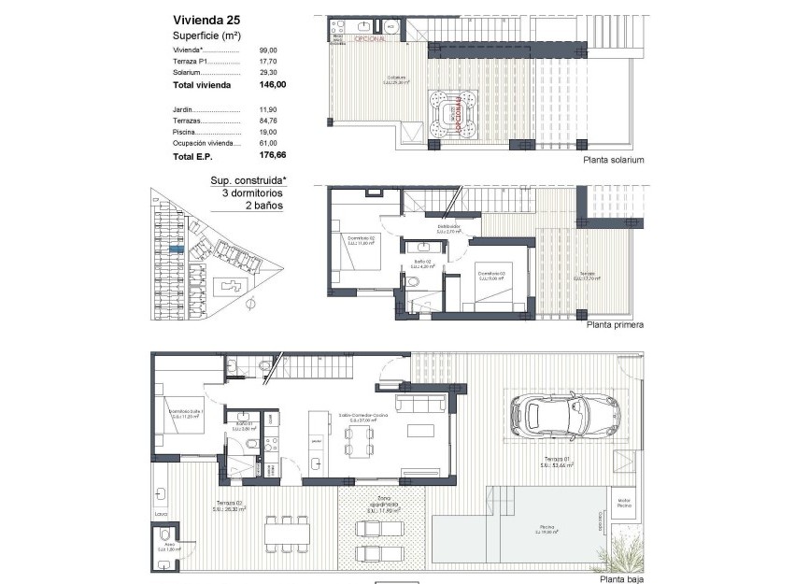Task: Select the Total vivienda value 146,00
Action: click(x=272, y=84)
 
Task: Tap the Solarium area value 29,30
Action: click(x=268, y=72)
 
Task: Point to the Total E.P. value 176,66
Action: click(x=272, y=157)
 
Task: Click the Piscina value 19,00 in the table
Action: click(x=268, y=133)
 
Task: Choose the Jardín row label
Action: click(x=183, y=109)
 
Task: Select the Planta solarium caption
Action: click(x=613, y=160)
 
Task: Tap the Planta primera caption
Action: click(x=615, y=325)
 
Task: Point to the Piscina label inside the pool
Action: click(x=546, y=528)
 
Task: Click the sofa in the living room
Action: click(x=420, y=402)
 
